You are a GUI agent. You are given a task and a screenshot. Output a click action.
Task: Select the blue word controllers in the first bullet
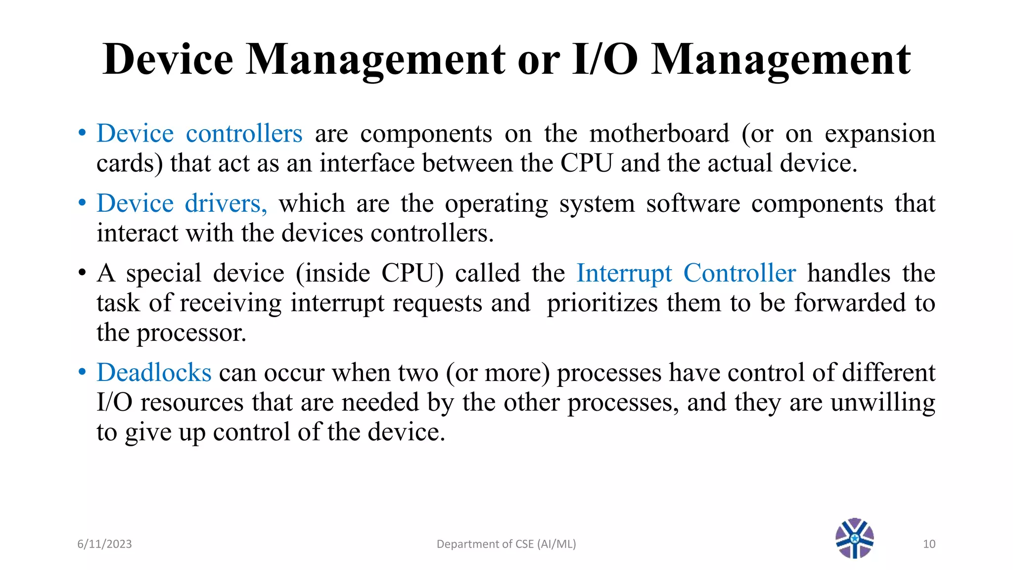[x=244, y=134]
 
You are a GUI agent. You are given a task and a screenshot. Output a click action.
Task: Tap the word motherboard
[x=659, y=134]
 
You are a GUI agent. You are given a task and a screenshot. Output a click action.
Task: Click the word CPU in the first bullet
[x=586, y=163]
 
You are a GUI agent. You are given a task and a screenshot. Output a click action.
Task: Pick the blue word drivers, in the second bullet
[x=226, y=203]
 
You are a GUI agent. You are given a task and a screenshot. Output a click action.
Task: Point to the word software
[x=693, y=203]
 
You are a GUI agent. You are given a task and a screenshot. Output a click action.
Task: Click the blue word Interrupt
[x=624, y=273]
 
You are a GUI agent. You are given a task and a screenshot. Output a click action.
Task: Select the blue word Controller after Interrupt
[x=739, y=273]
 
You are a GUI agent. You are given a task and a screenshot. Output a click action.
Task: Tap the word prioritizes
[x=602, y=303]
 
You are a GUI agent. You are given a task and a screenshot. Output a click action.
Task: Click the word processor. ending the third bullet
[x=191, y=333]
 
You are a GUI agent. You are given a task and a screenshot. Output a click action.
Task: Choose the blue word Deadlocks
[x=154, y=373]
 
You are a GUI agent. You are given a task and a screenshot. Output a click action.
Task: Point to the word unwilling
[x=883, y=402]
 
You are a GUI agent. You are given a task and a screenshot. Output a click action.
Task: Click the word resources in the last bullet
[x=192, y=403]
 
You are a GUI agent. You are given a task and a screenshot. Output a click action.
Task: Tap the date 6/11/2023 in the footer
[x=104, y=544]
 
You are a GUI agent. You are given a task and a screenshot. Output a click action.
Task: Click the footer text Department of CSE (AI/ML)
[x=506, y=544]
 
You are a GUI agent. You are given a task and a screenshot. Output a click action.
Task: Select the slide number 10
[x=929, y=544]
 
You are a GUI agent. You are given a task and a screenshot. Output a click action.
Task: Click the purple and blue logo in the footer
[x=854, y=538]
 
